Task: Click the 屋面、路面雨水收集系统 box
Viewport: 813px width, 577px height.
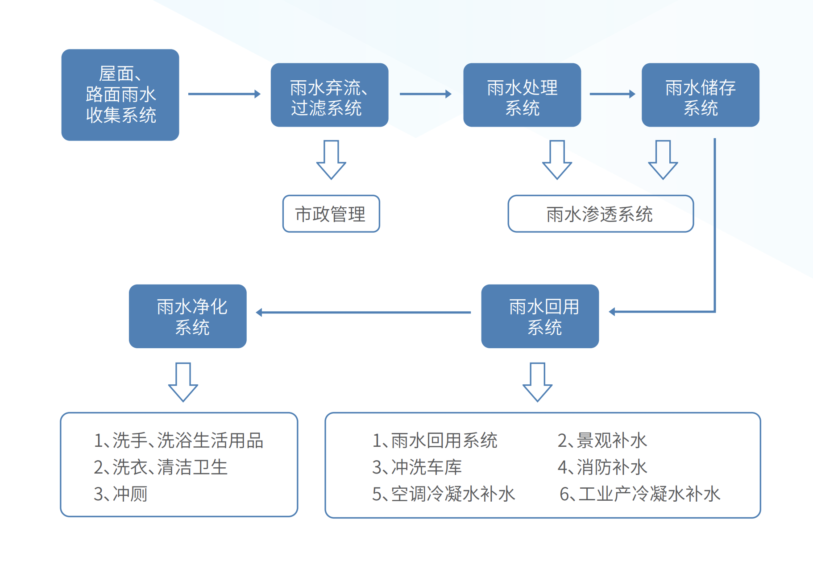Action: coord(120,95)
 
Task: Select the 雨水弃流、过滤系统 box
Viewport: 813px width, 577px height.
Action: coord(329,95)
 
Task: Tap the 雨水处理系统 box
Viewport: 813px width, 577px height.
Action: coord(522,95)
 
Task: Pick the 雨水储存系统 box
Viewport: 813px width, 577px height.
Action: coord(700,95)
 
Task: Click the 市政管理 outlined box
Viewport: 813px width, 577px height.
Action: coord(331,214)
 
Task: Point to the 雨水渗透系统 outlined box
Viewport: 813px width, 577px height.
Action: coord(600,214)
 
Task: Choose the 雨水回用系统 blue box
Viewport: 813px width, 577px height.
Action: coord(540,316)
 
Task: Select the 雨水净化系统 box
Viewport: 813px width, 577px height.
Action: coord(187,316)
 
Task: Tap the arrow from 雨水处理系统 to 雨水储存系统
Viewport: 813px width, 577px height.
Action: coord(612,94)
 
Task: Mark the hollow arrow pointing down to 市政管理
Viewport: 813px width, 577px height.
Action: coord(331,160)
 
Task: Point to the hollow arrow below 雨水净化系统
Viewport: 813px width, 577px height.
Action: coord(183,382)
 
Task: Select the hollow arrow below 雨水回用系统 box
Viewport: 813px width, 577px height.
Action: coord(537,382)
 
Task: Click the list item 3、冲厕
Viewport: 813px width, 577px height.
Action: coord(120,494)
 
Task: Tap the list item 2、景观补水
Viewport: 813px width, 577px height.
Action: coord(602,441)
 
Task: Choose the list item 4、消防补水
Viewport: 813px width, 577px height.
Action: coord(602,467)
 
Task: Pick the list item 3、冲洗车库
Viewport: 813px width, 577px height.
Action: coord(417,467)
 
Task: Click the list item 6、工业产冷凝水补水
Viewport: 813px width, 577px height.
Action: coord(640,494)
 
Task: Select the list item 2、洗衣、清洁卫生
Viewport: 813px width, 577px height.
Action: coord(161,467)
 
